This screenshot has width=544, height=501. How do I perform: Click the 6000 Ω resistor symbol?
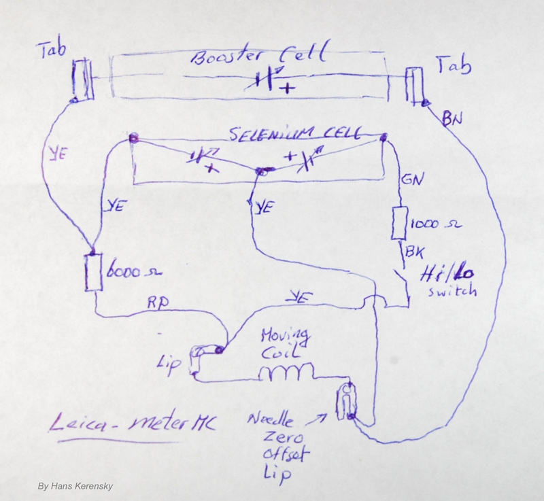click(x=92, y=273)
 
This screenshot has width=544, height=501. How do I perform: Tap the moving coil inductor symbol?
click(x=288, y=372)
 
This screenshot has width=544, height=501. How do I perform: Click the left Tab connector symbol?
click(x=82, y=80)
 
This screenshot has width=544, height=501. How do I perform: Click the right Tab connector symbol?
click(x=414, y=86)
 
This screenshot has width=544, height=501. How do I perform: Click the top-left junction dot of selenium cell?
click(x=133, y=138)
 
